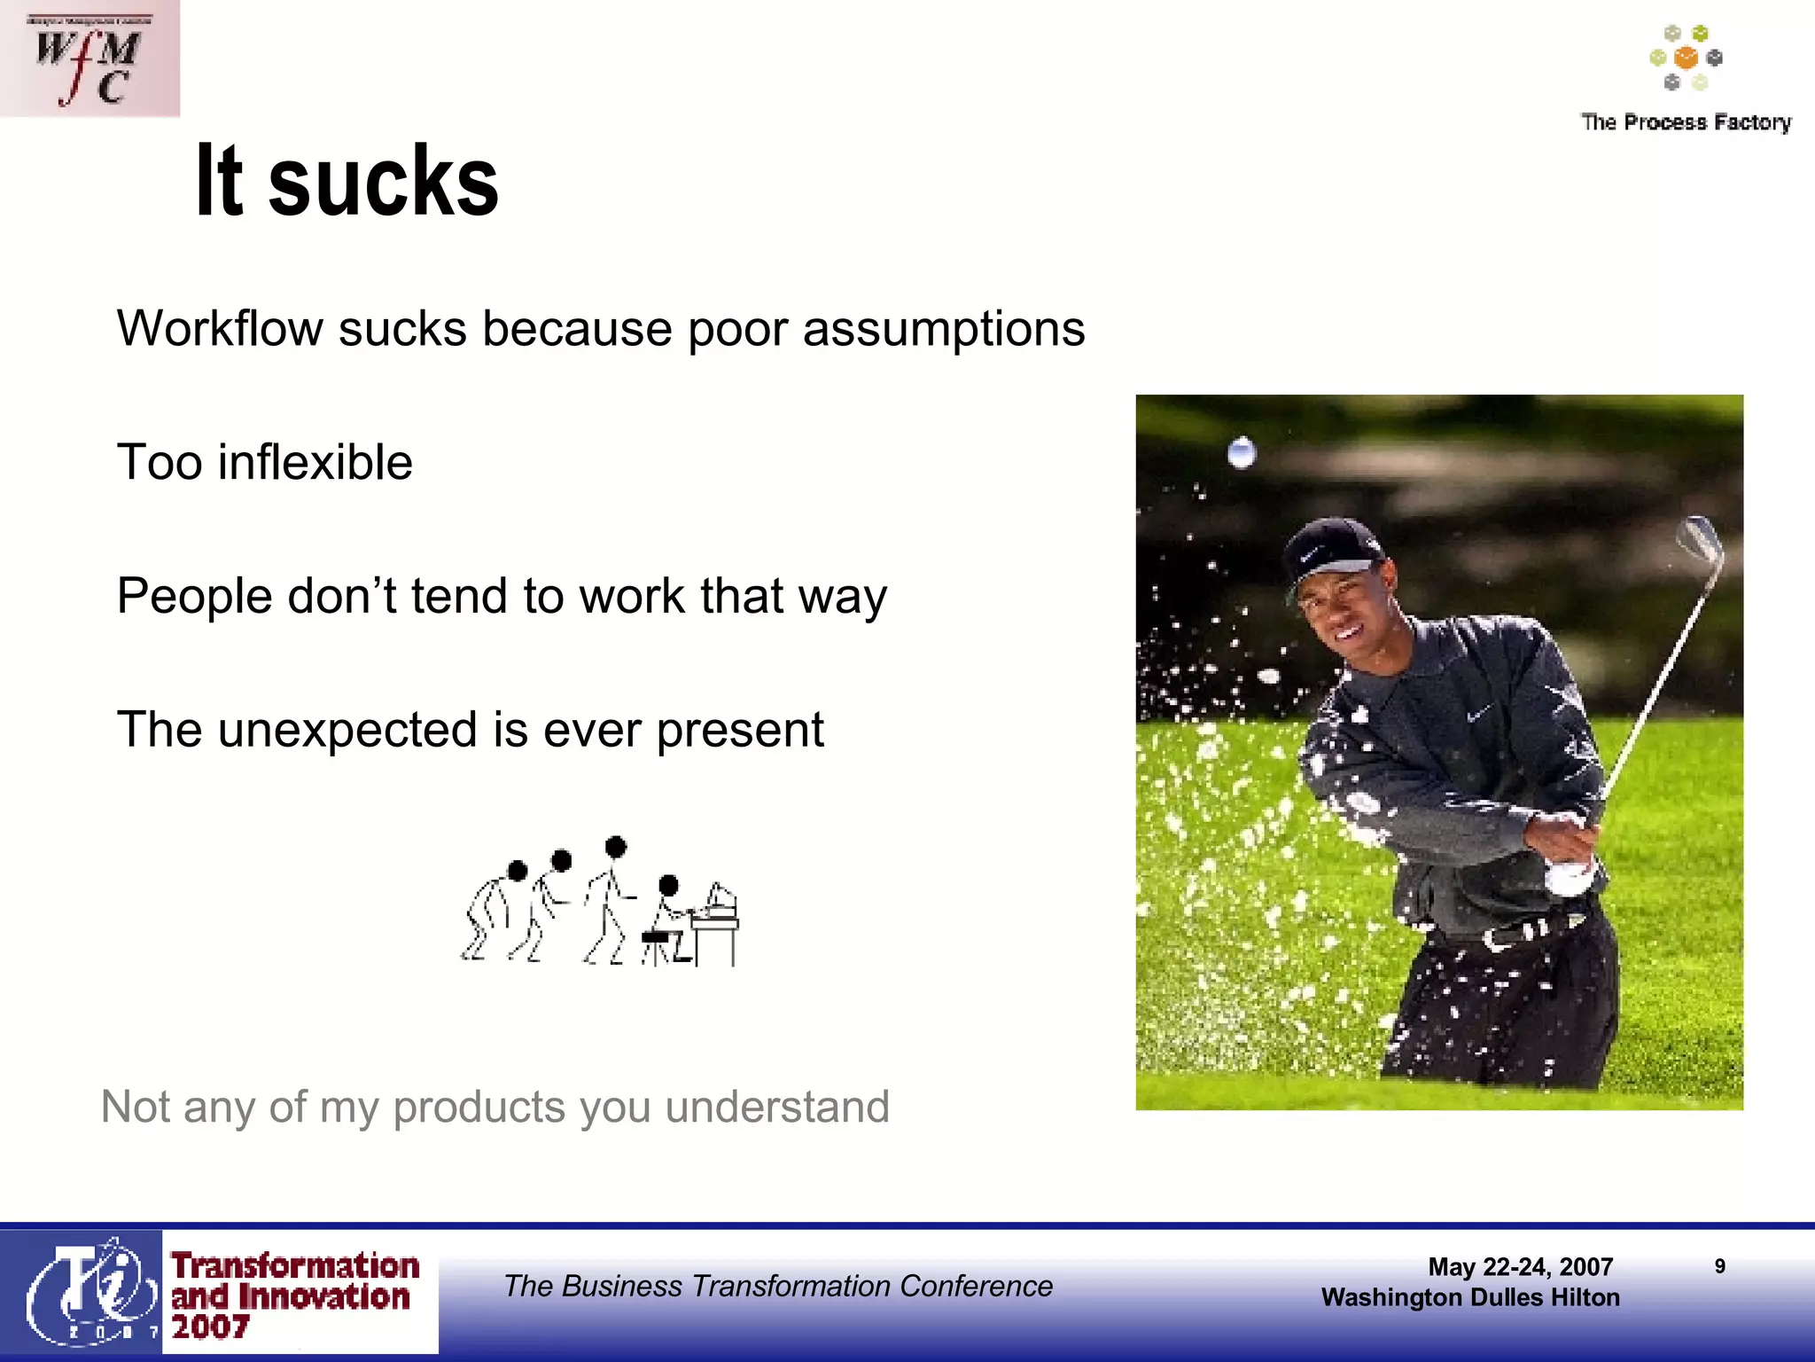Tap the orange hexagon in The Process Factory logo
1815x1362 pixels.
click(x=1686, y=59)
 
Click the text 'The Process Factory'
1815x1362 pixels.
click(x=1686, y=122)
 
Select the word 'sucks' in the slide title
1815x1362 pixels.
click(x=383, y=183)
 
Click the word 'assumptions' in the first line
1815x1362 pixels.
click(x=943, y=330)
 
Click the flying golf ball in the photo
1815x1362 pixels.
click(x=1242, y=453)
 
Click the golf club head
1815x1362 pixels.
click(x=1699, y=540)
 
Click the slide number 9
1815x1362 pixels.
click(x=1719, y=1266)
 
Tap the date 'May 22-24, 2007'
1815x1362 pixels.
click(x=1520, y=1267)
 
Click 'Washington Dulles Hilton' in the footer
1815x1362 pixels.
click(x=1470, y=1298)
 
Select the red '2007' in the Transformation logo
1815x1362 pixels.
click(x=211, y=1327)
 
